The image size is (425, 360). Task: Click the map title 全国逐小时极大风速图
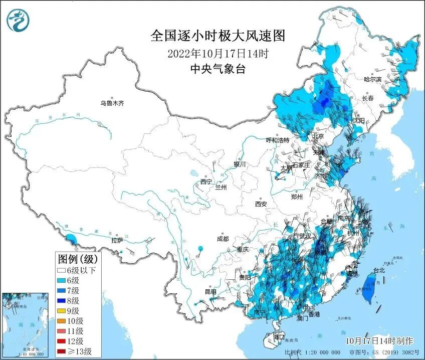click(x=218, y=36)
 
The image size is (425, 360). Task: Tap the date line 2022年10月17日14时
click(x=218, y=53)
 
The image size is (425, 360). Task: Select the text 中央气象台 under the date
click(x=218, y=69)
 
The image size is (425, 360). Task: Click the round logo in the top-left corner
click(x=18, y=20)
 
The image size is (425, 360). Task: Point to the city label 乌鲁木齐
click(x=111, y=103)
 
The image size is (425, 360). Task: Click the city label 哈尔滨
click(x=372, y=79)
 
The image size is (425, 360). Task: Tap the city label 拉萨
click(x=117, y=241)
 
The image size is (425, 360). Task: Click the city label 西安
click(x=261, y=204)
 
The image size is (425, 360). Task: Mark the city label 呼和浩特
click(x=277, y=140)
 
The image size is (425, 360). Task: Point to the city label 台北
click(x=379, y=271)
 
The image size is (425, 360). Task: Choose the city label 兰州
click(x=221, y=187)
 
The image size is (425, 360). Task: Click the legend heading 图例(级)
click(x=78, y=259)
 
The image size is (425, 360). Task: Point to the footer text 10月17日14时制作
click(x=379, y=341)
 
